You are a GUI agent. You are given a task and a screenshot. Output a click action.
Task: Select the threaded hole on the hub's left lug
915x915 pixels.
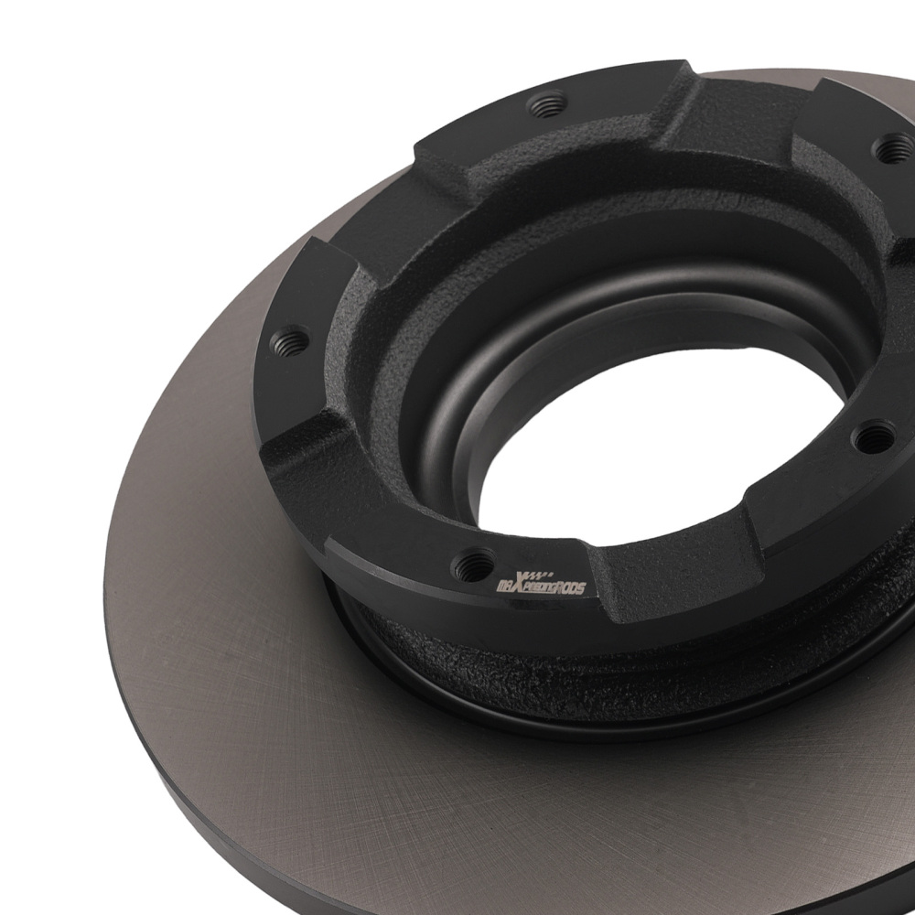291,340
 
